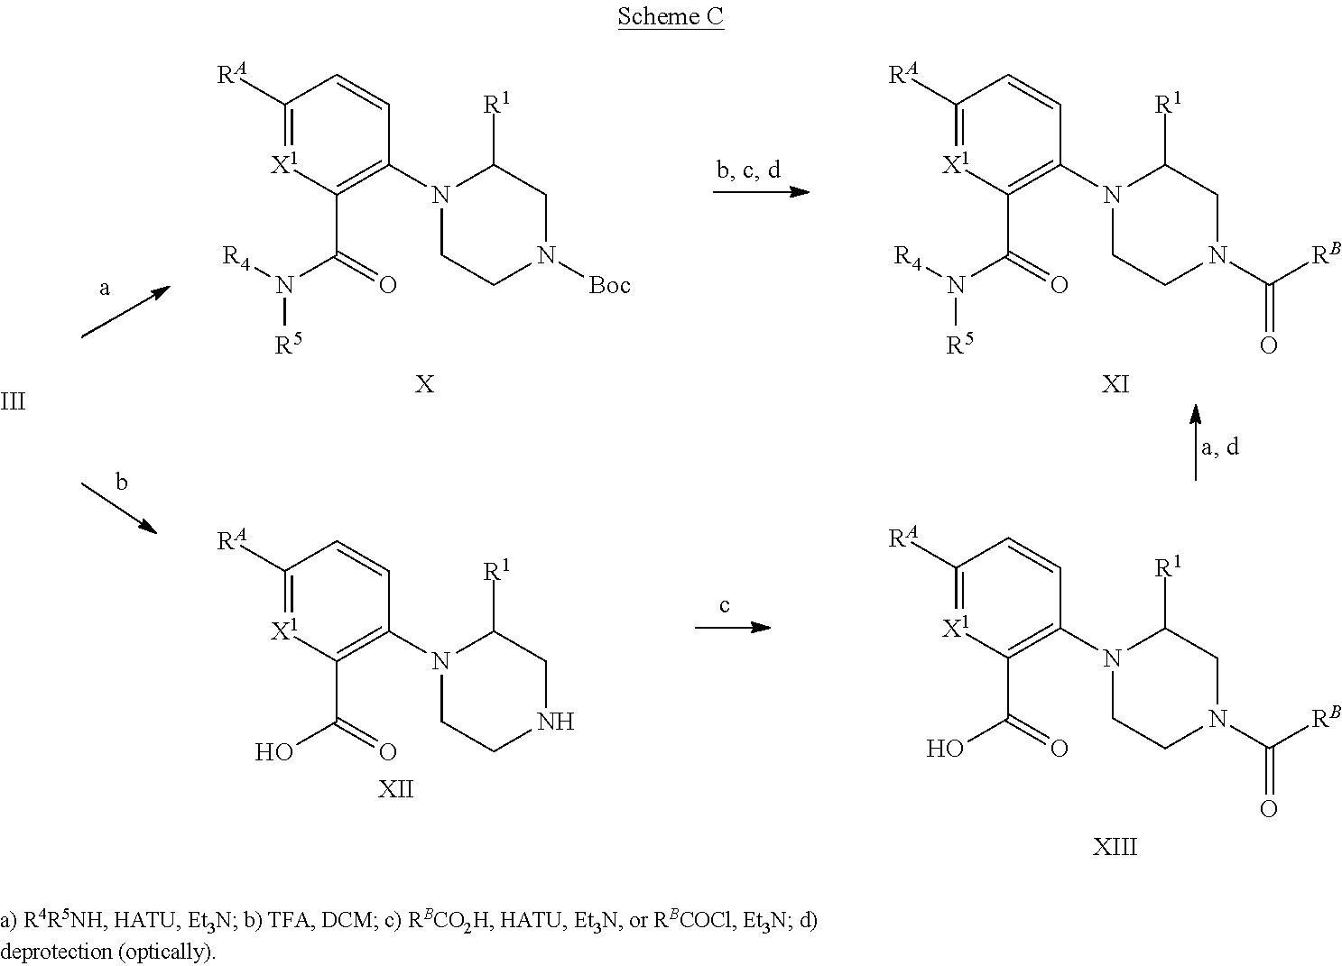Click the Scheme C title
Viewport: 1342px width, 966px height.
671,17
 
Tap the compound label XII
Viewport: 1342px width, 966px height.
395,790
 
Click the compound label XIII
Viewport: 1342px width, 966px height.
1115,847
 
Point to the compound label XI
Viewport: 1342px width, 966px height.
1115,385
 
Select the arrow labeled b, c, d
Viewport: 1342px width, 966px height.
760,191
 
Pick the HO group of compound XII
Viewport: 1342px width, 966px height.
273,751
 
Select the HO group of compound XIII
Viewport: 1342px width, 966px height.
945,748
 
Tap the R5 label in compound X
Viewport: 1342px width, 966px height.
288,345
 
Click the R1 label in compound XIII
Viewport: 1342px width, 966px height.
1170,566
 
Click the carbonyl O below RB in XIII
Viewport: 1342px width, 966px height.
1268,807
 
